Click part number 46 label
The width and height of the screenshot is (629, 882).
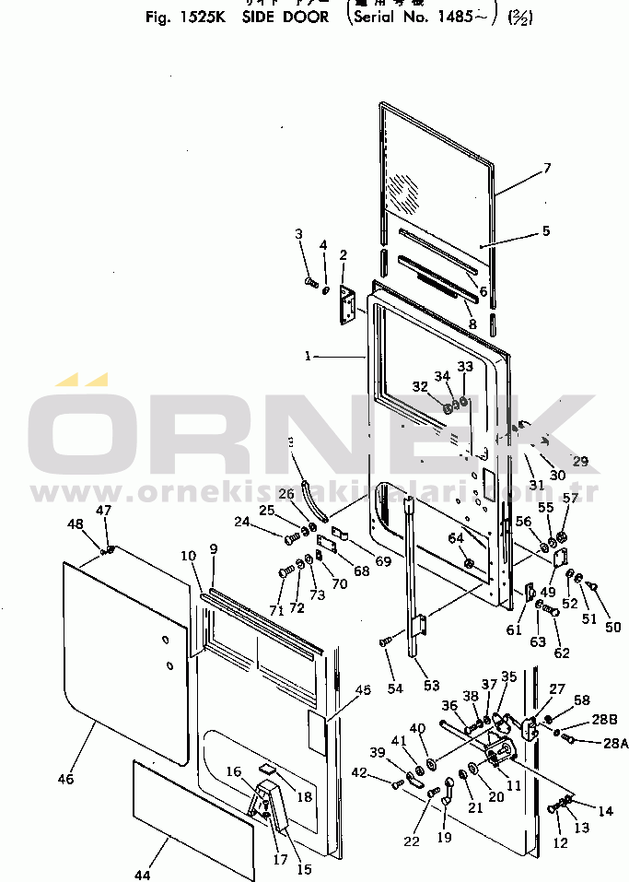[64, 779]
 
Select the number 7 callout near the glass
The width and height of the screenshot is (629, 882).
[546, 168]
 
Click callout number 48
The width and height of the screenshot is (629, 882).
[74, 523]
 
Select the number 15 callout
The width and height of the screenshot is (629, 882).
[302, 868]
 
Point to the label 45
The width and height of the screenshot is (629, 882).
[363, 689]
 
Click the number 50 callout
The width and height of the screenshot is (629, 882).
[612, 628]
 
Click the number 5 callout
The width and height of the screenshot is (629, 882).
[546, 231]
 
